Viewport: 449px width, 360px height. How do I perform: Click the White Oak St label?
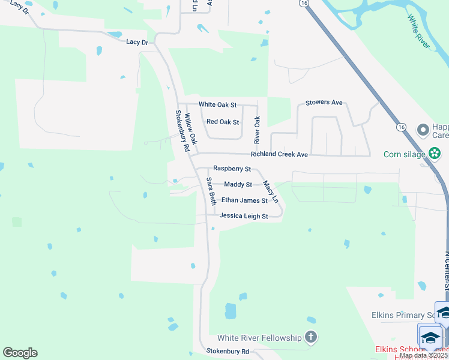pos(218,104)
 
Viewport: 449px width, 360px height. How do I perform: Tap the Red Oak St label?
pos(223,122)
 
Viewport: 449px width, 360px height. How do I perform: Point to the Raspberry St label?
pos(232,170)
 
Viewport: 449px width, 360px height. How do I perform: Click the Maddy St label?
pos(238,184)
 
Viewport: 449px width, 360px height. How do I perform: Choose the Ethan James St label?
pos(244,200)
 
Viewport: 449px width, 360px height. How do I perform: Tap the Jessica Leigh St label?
pos(244,215)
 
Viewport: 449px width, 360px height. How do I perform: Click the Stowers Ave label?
pos(324,103)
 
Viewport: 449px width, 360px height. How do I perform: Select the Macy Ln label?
pos(271,192)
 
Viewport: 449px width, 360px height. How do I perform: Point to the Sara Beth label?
pos(211,191)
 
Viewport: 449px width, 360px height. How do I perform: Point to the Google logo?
pos(20,353)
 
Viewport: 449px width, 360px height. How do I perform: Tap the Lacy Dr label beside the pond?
pos(137,42)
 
